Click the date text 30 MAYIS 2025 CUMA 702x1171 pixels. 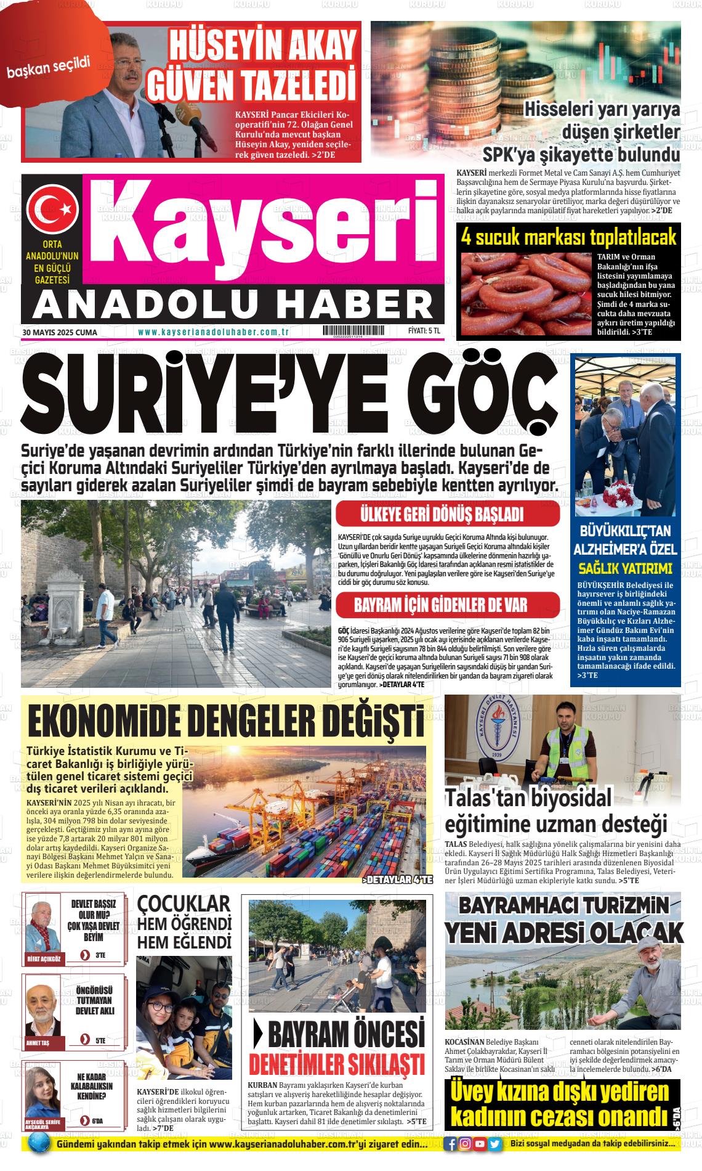[x=60, y=332]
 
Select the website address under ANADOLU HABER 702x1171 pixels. [x=214, y=332]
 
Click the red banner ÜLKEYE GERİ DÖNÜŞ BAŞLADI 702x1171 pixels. [x=448, y=515]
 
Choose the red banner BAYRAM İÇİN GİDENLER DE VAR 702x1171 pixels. [x=448, y=605]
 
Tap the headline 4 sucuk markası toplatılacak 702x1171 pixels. [x=568, y=237]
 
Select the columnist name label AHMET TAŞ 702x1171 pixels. [x=38, y=1042]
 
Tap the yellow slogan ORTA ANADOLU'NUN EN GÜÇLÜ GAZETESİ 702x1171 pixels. [x=52, y=263]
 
